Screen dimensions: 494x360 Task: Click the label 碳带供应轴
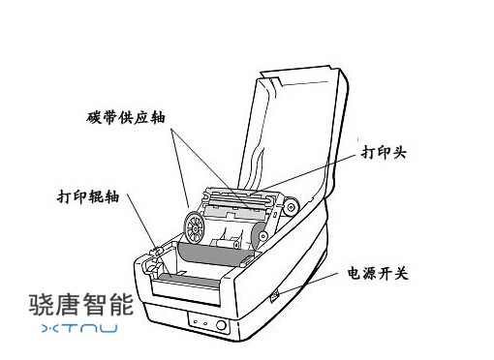click(x=126, y=117)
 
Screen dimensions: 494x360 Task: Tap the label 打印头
click(x=384, y=152)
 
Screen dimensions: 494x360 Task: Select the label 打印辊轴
click(x=88, y=196)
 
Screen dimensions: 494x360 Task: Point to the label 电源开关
click(x=378, y=273)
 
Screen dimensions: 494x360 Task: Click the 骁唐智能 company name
click(x=81, y=305)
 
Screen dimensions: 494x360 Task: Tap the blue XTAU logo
click(x=79, y=328)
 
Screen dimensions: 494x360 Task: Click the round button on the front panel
click(x=221, y=325)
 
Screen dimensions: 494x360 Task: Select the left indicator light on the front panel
click(x=195, y=321)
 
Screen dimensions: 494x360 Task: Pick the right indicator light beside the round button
click(x=205, y=323)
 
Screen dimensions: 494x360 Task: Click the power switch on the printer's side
click(x=275, y=295)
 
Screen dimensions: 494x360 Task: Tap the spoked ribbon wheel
click(x=194, y=227)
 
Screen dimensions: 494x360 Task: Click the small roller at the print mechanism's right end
click(x=292, y=207)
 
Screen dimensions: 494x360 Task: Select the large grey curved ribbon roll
click(x=211, y=255)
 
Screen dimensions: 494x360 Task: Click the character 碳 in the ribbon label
click(x=93, y=117)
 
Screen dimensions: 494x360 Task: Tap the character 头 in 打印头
click(x=399, y=152)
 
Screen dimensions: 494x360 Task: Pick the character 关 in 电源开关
click(x=401, y=273)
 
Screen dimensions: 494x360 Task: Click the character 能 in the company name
click(x=122, y=305)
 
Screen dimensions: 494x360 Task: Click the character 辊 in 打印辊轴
click(x=96, y=196)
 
